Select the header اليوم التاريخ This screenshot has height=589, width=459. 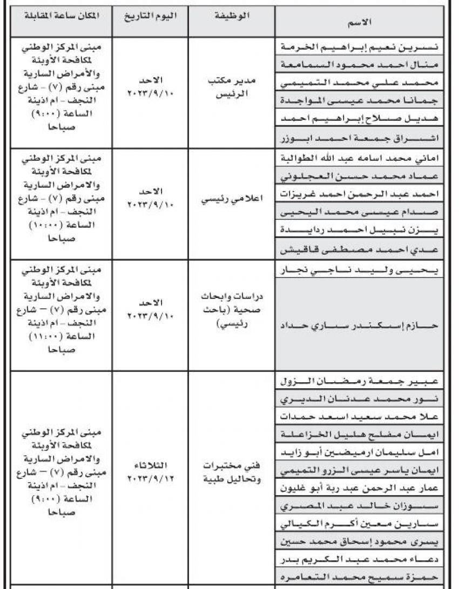(x=151, y=16)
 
